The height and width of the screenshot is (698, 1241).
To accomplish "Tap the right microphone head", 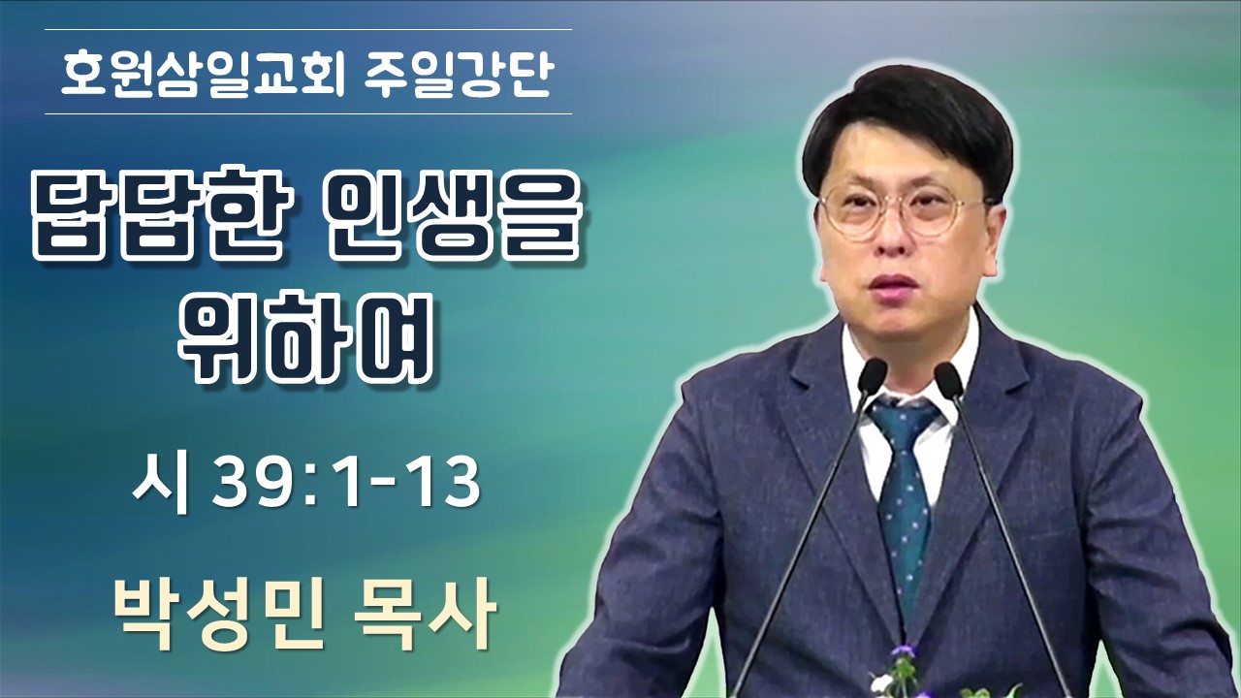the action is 948,380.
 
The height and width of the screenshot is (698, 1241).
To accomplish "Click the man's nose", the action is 890,238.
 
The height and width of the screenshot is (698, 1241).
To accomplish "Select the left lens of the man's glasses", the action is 854,213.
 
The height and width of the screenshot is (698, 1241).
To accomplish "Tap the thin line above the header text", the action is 308,29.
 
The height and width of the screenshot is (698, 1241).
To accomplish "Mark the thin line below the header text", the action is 308,113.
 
